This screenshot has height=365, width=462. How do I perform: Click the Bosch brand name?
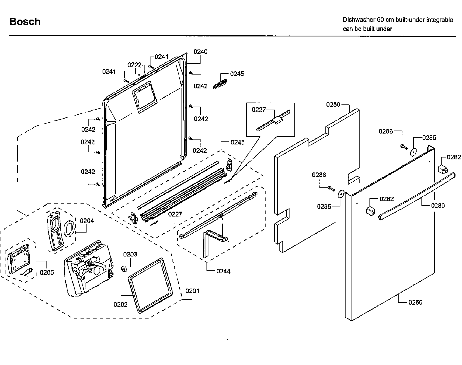(x=25, y=22)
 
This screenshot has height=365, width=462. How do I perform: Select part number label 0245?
(x=237, y=74)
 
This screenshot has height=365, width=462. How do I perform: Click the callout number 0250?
(x=333, y=104)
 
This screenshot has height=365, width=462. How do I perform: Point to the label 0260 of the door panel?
(x=415, y=302)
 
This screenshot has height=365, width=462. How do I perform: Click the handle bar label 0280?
(x=438, y=205)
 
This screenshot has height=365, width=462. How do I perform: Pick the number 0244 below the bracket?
(x=223, y=271)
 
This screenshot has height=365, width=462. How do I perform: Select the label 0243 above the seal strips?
(x=238, y=142)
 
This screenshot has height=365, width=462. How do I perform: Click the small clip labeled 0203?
(x=124, y=268)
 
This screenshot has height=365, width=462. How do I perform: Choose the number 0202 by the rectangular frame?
(x=121, y=304)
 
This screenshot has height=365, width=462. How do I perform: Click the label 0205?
(x=47, y=272)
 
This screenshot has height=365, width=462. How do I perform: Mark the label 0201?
(x=192, y=291)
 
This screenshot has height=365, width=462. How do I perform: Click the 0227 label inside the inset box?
(x=259, y=110)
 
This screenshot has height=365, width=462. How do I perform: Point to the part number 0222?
(x=134, y=65)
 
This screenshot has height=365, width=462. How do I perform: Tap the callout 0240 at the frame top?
(x=200, y=52)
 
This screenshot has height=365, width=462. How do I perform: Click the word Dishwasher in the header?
(x=359, y=20)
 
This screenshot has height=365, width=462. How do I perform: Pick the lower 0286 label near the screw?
(x=319, y=175)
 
